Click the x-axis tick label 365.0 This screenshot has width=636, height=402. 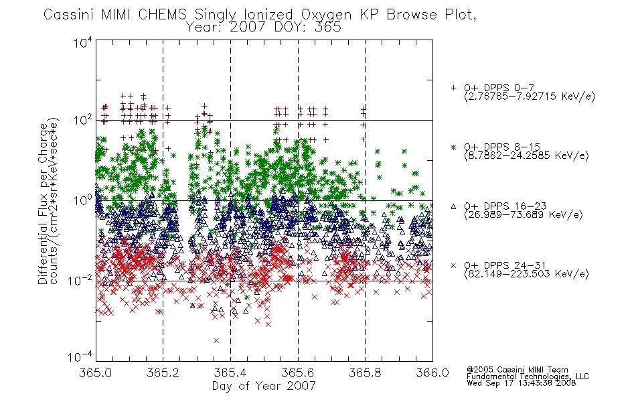(x=95, y=373)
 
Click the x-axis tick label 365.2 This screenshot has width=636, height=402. (x=163, y=373)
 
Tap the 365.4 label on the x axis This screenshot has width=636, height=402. (x=230, y=373)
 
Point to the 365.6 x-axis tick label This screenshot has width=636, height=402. (x=298, y=373)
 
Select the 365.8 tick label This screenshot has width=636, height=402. (x=365, y=373)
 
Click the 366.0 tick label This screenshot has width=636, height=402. (x=432, y=373)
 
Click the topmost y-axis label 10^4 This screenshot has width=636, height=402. (x=82, y=42)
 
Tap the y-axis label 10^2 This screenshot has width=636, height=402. (x=82, y=120)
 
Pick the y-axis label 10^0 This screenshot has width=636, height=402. (x=82, y=200)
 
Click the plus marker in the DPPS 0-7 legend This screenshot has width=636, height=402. (x=453, y=87)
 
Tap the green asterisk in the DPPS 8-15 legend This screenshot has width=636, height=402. (x=453, y=147)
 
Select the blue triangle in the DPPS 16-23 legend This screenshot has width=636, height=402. (x=453, y=206)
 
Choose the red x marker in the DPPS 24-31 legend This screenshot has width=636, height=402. (x=453, y=265)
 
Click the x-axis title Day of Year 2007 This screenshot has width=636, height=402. (x=264, y=386)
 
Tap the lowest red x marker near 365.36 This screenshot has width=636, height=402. (x=216, y=340)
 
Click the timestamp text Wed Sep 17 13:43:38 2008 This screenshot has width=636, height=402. (x=521, y=383)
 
